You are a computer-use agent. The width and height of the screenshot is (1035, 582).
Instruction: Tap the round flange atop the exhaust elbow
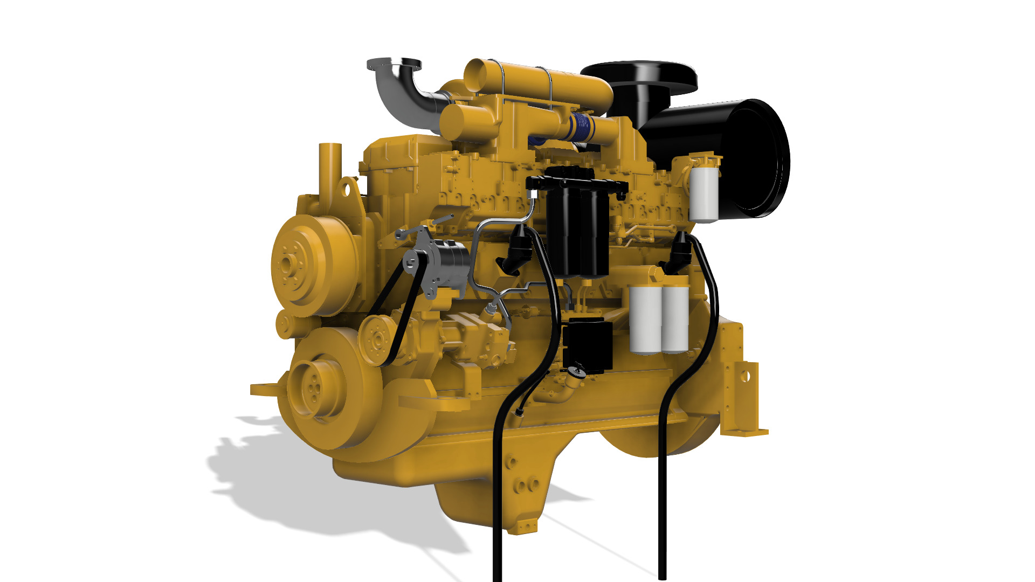tap(394, 65)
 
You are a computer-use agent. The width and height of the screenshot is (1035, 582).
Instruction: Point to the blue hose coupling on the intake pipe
tap(582, 127)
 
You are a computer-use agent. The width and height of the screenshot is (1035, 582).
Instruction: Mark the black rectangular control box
tap(589, 345)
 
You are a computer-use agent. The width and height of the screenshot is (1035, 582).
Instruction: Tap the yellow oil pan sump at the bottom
tap(485, 501)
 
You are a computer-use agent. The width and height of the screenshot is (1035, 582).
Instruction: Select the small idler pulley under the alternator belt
tap(376, 339)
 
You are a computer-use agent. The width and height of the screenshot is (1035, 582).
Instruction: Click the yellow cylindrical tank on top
tap(539, 84)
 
